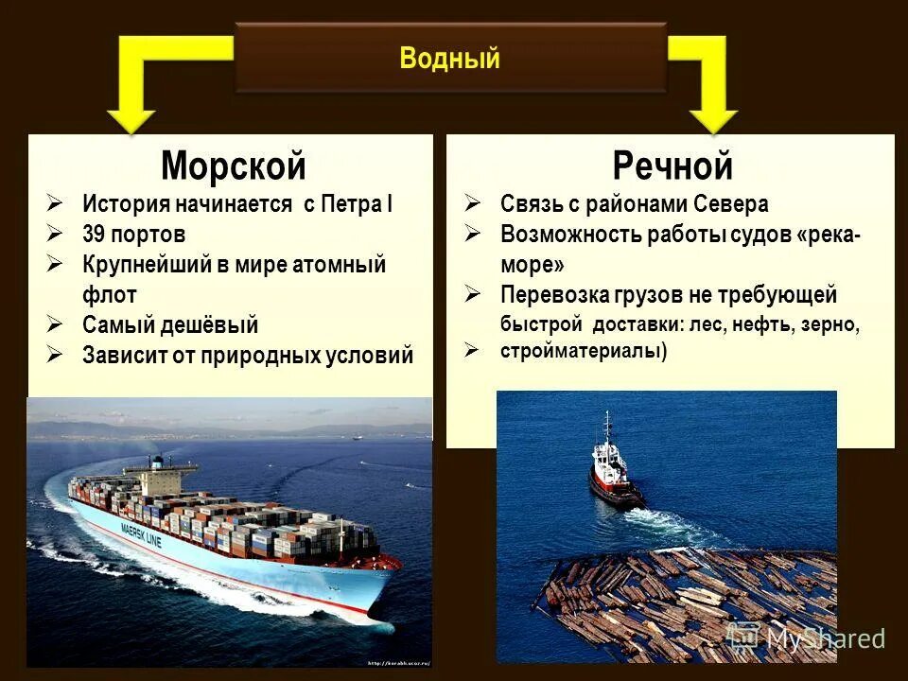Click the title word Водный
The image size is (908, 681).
click(x=449, y=59)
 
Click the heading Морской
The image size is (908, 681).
click(x=234, y=166)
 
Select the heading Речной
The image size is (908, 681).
click(x=672, y=166)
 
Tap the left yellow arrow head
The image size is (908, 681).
click(x=131, y=119)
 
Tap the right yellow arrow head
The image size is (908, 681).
click(x=713, y=119)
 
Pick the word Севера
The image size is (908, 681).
click(x=732, y=203)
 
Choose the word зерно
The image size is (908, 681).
click(x=829, y=324)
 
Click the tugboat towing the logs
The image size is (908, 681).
click(x=614, y=468)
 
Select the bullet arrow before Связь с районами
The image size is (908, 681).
click(x=473, y=203)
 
